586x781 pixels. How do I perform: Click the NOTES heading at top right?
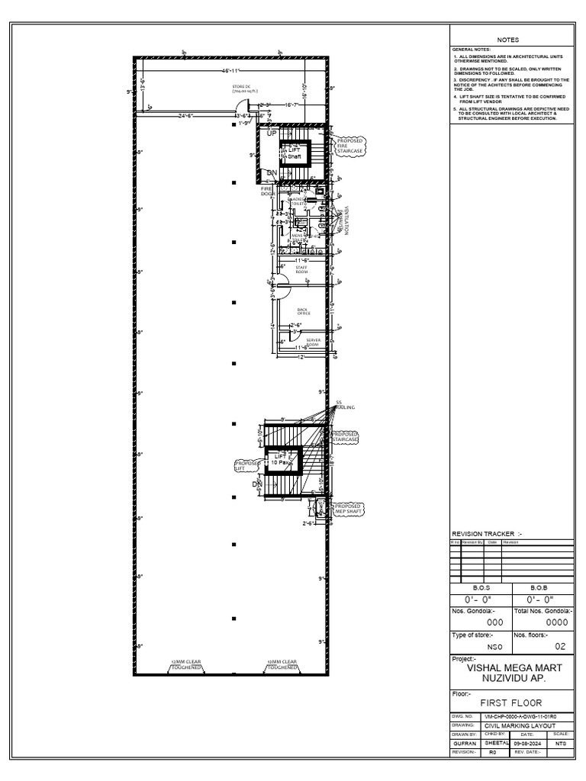pos(507,40)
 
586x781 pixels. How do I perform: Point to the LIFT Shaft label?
pos(294,153)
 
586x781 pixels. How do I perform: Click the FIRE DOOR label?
pos(267,191)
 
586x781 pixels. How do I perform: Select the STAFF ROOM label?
pos(301,269)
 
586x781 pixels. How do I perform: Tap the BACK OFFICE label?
pos(307,311)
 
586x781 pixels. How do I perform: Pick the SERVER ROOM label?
pos(313,342)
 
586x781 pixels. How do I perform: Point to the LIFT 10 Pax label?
pos(284,459)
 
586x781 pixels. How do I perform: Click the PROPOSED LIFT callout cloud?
pos(247,464)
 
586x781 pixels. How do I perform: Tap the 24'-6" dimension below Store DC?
pos(186,116)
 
